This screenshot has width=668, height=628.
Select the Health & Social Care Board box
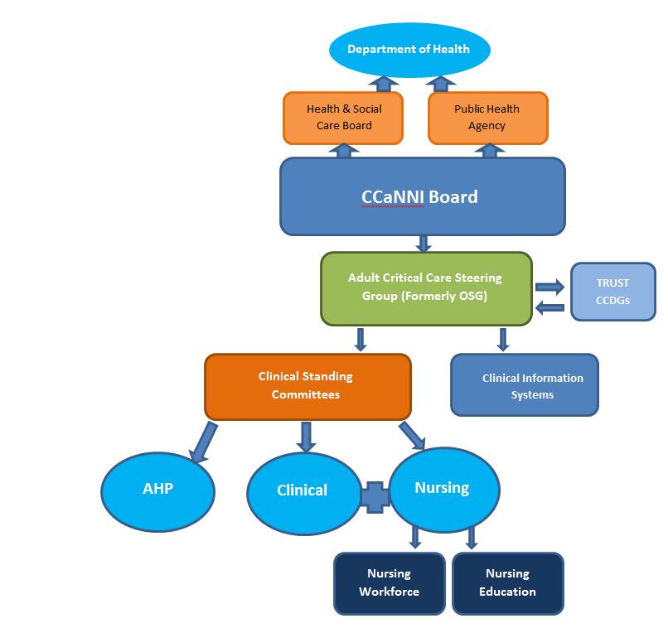pyautogui.click(x=344, y=118)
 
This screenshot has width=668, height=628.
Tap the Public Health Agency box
pyautogui.click(x=487, y=118)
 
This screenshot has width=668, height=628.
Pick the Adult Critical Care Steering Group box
pyautogui.click(x=425, y=288)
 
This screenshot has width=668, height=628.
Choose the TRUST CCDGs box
pyautogui.click(x=612, y=292)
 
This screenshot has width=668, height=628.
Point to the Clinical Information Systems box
pyautogui.click(x=524, y=385)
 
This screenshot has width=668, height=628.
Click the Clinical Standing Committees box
pyautogui.click(x=307, y=385)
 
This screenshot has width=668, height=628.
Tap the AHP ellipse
pyautogui.click(x=157, y=489)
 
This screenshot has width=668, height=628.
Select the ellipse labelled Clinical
pyautogui.click(x=303, y=490)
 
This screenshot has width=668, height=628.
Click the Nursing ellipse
pyautogui.click(x=443, y=488)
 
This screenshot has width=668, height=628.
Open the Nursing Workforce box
pyautogui.click(x=389, y=583)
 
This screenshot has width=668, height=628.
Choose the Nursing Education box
pyautogui.click(x=506, y=583)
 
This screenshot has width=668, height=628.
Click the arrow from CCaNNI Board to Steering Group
pyautogui.click(x=424, y=243)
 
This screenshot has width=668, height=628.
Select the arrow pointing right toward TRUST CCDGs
pyautogui.click(x=549, y=287)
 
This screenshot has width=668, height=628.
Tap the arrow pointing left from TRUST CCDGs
pyautogui.click(x=549, y=308)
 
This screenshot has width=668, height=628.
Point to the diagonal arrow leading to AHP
pyautogui.click(x=204, y=442)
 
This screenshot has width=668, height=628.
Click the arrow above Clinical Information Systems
pyautogui.click(x=502, y=339)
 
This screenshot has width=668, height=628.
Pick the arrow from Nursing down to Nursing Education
pyautogui.click(x=471, y=538)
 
